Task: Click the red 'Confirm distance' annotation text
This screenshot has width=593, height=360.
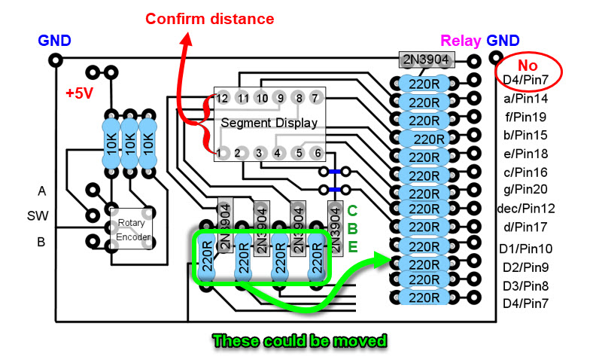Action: point(209,18)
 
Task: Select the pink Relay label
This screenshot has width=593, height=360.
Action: point(461,41)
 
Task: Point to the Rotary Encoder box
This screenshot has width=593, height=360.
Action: point(132,230)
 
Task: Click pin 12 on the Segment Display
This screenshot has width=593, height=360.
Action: point(221,98)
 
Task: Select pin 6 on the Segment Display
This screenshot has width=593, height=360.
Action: point(317,153)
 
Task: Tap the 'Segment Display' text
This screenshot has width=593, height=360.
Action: point(269,122)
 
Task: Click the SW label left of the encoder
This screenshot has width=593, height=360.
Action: point(38,216)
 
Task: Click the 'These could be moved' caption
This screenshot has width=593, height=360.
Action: point(299,340)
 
